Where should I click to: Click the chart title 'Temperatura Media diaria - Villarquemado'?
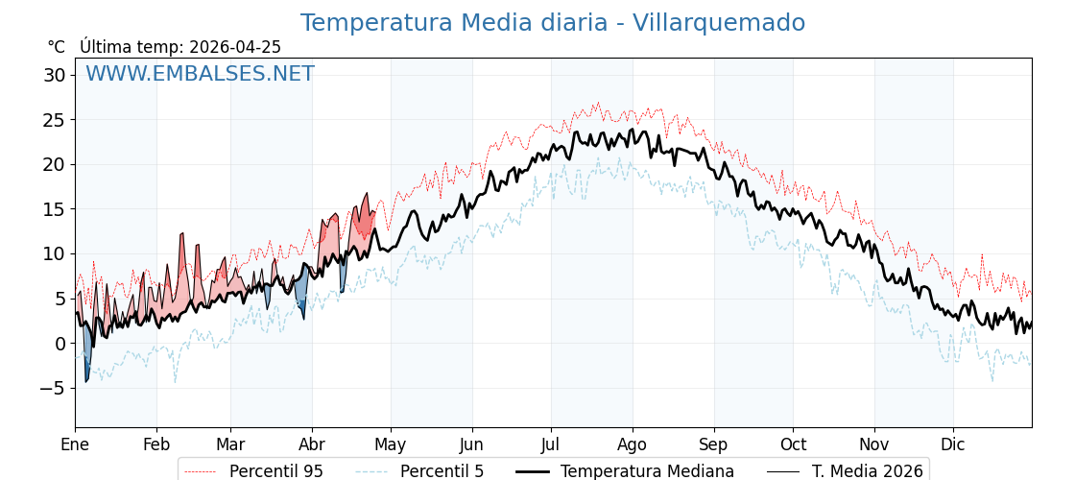(x=552, y=23)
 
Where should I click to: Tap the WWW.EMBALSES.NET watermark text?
(x=200, y=74)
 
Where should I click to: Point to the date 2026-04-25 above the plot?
(x=235, y=47)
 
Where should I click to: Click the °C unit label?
(x=56, y=47)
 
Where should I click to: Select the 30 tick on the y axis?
(x=55, y=75)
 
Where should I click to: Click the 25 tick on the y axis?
(x=55, y=120)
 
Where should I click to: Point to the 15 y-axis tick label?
(x=55, y=209)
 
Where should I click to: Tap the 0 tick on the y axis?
(x=60, y=344)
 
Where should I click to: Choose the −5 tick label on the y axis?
(x=53, y=388)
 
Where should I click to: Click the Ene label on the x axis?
(x=75, y=444)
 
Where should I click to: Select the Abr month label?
(x=312, y=444)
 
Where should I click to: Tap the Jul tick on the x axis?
(x=551, y=444)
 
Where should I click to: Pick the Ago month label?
(x=633, y=444)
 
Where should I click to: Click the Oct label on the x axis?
(x=793, y=444)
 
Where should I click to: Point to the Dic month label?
(x=953, y=444)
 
